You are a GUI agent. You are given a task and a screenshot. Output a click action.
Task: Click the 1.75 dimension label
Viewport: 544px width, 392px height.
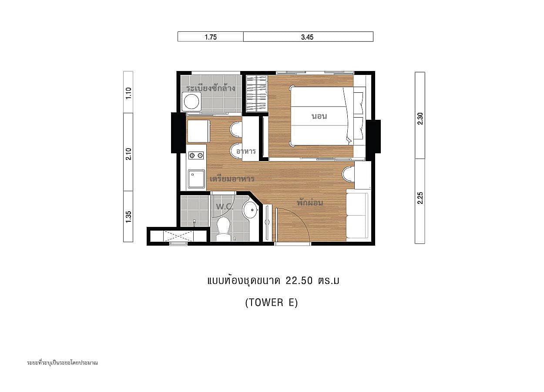(211, 37)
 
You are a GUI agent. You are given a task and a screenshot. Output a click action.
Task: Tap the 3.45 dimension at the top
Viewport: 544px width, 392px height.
(307, 37)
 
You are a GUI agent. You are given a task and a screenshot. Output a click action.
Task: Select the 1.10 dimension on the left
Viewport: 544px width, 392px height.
(128, 93)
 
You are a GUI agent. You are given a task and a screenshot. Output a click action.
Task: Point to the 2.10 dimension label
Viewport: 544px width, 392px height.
(128, 154)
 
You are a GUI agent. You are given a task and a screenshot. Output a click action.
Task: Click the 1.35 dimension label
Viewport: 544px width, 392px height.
(128, 216)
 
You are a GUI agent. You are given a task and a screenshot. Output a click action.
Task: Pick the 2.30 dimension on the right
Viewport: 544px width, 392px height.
(420, 118)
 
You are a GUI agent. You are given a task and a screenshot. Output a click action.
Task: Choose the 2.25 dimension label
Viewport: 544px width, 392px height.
(420, 198)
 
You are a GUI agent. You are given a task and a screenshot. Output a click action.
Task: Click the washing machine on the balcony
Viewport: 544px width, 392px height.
(191, 101)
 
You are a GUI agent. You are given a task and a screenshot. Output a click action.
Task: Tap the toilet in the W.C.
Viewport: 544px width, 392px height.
(223, 229)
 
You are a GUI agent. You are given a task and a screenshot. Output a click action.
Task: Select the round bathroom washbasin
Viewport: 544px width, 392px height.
(250, 210)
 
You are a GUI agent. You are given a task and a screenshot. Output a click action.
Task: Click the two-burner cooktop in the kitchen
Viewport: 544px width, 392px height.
(196, 155)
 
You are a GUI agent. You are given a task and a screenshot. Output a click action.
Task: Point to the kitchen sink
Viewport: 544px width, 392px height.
(196, 179)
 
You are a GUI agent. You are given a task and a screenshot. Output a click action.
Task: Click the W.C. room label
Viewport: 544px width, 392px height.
(225, 207)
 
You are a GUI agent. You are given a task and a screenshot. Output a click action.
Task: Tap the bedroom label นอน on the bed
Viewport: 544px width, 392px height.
(319, 116)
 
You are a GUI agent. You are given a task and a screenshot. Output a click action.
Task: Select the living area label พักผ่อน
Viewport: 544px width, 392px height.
(310, 202)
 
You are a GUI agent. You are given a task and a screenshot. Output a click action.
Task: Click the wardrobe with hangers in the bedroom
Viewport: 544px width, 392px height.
(257, 93)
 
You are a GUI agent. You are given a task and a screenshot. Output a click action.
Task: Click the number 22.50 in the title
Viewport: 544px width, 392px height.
(299, 280)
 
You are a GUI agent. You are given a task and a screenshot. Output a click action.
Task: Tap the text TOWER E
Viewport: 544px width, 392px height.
(272, 303)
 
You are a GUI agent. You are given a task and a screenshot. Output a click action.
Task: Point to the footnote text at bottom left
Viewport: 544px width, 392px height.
(62, 362)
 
